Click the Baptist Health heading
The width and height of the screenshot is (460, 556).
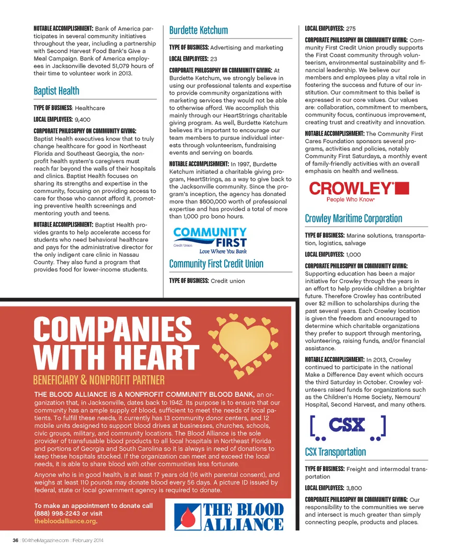click(x=57, y=91)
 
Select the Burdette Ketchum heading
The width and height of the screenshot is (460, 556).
click(x=198, y=30)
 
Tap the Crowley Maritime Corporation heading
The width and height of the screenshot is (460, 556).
click(x=354, y=219)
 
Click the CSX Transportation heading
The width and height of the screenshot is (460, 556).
click(x=335, y=452)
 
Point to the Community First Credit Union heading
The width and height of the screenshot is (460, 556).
click(x=216, y=264)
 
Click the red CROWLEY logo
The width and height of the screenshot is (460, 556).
click(x=359, y=191)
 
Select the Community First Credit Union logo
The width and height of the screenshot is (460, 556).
click(x=210, y=240)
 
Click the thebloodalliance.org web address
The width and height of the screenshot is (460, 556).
click(x=65, y=521)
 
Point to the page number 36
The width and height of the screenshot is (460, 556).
click(x=15, y=540)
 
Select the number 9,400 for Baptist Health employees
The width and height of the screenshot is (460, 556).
click(x=83, y=120)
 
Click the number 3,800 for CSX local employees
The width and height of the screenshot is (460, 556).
click(x=354, y=488)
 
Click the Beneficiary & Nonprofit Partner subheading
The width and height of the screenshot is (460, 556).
click(x=99, y=380)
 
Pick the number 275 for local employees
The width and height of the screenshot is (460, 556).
click(x=351, y=29)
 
